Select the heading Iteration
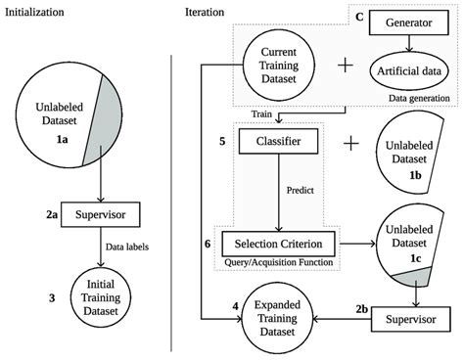(208, 11)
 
